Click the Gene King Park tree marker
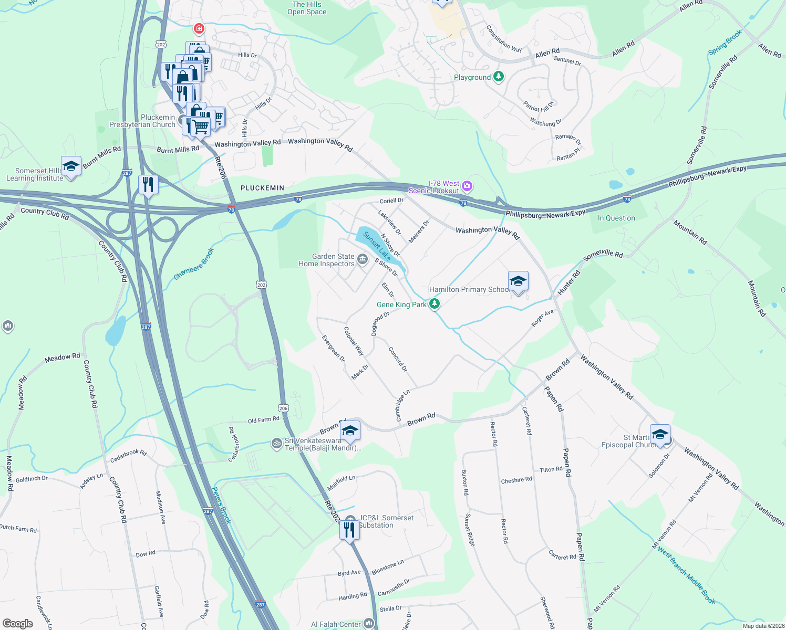pos(434,304)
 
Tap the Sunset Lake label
pos(377,246)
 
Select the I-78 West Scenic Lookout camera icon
pos(467,186)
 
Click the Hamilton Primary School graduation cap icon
pos(518,281)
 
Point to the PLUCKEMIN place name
pos(262,188)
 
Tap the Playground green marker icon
pos(499,77)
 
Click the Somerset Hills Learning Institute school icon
pos(71,166)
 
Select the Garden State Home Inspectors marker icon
pos(362,259)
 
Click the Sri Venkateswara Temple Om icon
pos(276,444)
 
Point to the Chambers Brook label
pos(194,264)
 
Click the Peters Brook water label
pos(222,505)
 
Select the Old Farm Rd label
pos(263,420)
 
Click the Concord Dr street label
pos(398,359)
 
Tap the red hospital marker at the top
pos(199,28)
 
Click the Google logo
pos(18,624)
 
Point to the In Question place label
pos(616,218)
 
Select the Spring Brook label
pos(725,43)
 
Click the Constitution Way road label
pos(504,39)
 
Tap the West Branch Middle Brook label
pos(686,576)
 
